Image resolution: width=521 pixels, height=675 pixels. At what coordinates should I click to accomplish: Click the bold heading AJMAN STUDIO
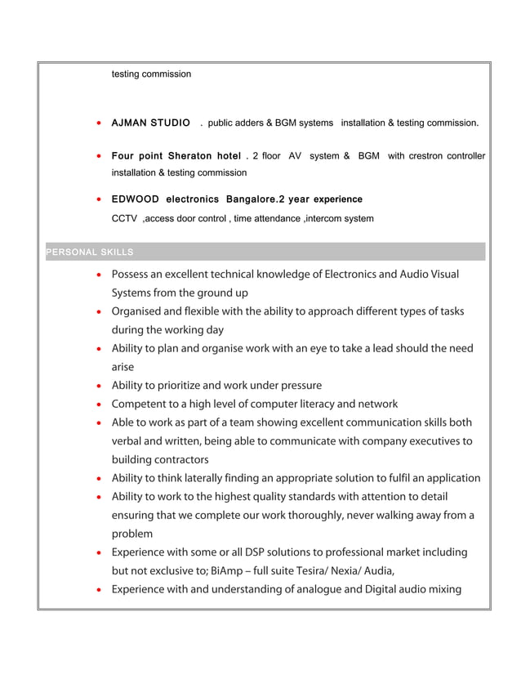click(x=151, y=123)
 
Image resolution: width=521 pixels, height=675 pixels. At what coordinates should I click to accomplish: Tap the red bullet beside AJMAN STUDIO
click(x=99, y=124)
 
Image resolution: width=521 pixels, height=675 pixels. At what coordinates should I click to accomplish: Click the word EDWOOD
click(x=135, y=199)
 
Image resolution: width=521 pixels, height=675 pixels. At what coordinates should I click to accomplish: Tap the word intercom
click(x=325, y=218)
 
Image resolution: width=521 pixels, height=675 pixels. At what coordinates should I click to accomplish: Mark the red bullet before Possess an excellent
click(x=99, y=275)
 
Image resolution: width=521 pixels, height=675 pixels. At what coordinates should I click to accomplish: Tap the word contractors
click(x=179, y=459)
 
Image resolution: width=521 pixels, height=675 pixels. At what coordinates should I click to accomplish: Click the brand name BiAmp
click(x=225, y=571)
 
